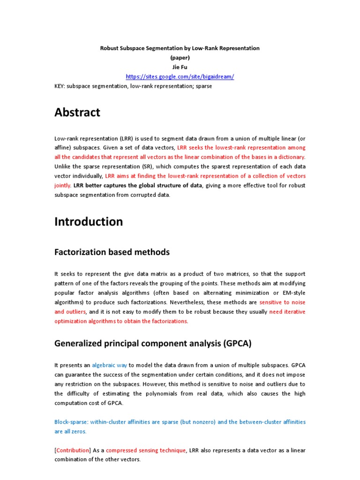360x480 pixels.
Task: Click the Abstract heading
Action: click(x=77, y=112)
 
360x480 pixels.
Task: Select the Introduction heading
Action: click(x=89, y=222)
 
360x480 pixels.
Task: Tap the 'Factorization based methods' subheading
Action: click(x=112, y=252)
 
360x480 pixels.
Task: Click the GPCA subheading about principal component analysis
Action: click(x=153, y=343)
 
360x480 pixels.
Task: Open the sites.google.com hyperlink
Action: click(x=180, y=76)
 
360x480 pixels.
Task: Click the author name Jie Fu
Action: click(x=180, y=67)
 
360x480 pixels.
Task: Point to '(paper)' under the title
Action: click(x=180, y=58)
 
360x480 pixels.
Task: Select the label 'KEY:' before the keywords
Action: click(x=60, y=86)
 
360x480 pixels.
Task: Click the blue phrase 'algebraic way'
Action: click(x=110, y=365)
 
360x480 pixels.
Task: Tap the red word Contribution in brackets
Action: click(x=73, y=450)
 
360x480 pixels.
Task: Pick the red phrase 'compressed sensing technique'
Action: click(x=146, y=450)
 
